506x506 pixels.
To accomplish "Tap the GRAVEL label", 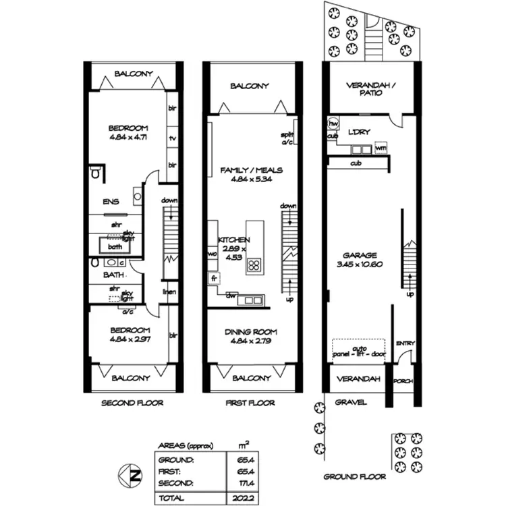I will tap(351, 403).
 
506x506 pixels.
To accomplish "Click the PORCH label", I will tap(403, 381).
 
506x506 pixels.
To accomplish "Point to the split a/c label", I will tap(287, 138).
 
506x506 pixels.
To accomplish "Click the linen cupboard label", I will tap(169, 292).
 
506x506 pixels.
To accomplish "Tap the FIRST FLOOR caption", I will tap(250, 403).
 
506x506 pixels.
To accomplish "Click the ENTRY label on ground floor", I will tap(405, 343).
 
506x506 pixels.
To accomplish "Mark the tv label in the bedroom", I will tap(173, 138).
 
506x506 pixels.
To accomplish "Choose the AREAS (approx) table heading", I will tap(185, 445).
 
